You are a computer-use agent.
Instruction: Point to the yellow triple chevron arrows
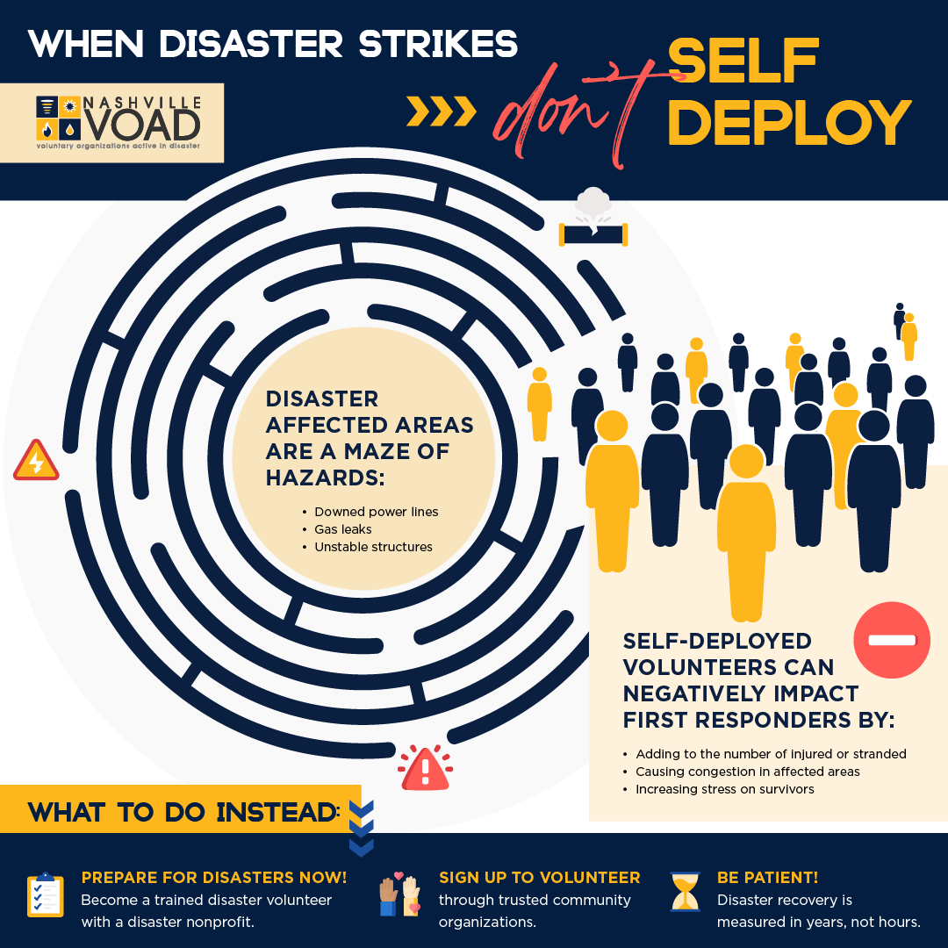(442, 111)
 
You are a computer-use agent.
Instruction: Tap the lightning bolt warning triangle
(36, 462)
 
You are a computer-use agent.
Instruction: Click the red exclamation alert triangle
(425, 769)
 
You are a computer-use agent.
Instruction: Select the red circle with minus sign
(892, 640)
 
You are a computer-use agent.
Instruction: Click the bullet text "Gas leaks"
(343, 529)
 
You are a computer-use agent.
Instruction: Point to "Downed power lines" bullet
(376, 512)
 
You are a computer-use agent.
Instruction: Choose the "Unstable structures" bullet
(373, 547)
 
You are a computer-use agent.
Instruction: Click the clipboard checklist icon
(45, 895)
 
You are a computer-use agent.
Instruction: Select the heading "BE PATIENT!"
(768, 877)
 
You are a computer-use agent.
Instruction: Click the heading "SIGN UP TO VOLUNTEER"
(539, 877)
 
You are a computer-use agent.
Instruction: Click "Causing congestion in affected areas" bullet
(748, 772)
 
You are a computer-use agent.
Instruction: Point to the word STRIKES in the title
(439, 44)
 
